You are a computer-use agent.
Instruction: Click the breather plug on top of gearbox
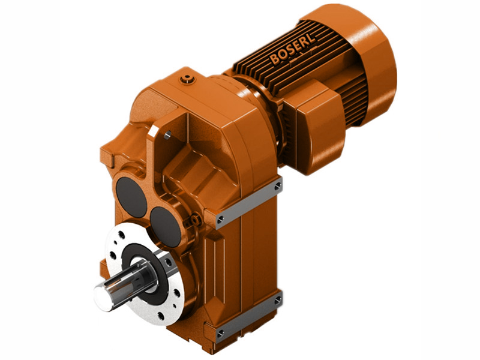[189, 79]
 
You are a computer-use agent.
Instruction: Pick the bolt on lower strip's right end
[277, 299]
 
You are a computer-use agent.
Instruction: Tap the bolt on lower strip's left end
[220, 332]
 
